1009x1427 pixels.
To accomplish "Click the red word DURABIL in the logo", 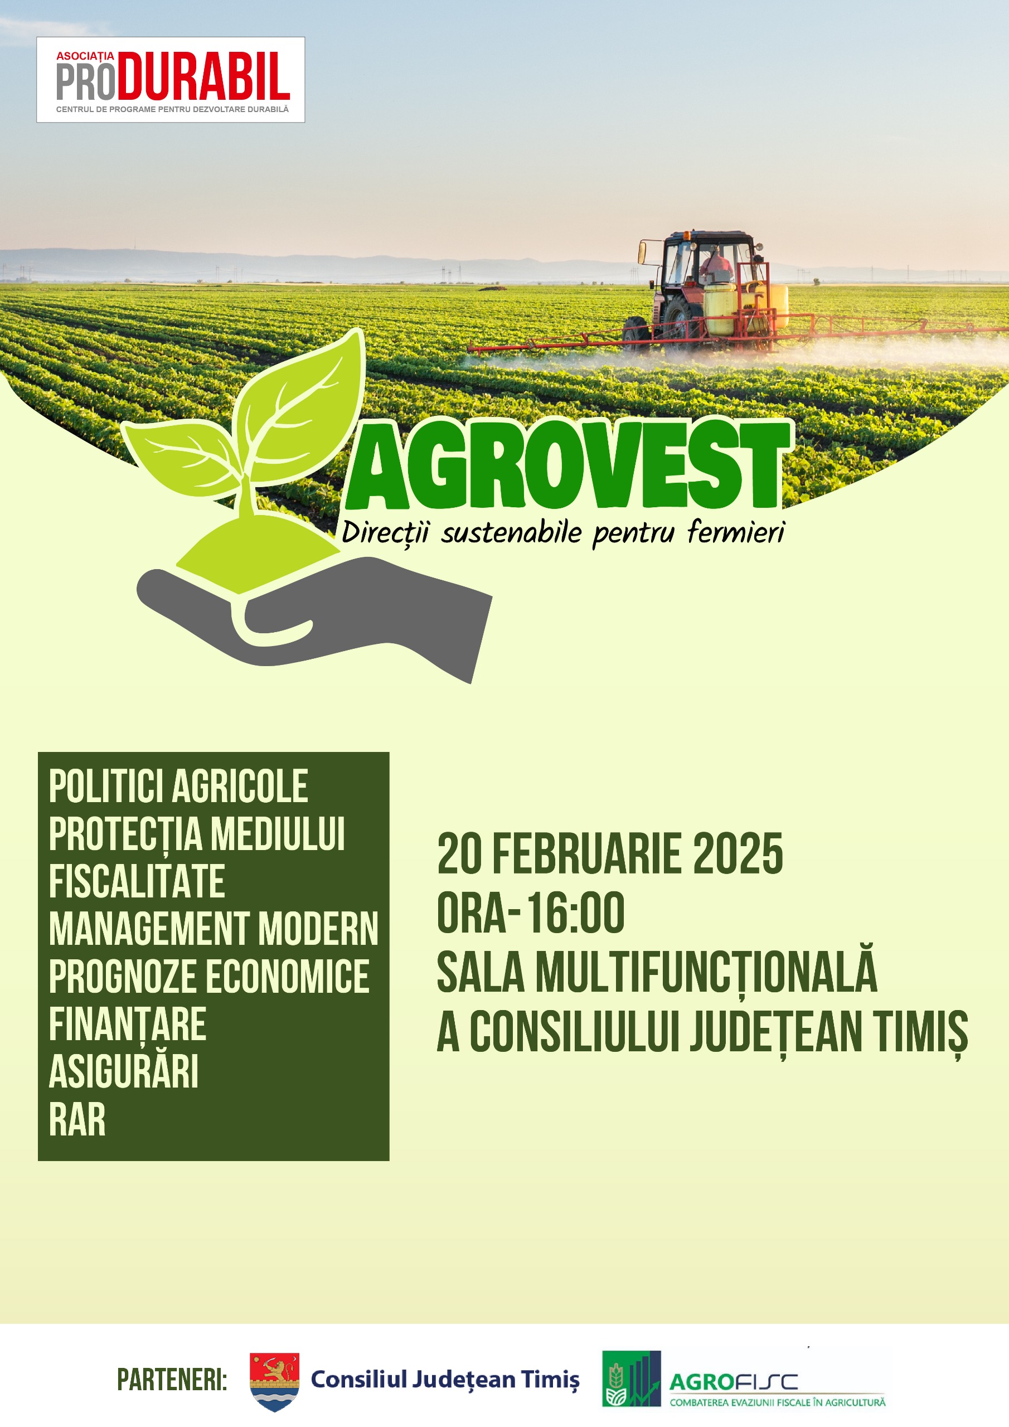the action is pos(203,76).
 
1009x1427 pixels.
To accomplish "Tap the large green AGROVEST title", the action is pos(567,465).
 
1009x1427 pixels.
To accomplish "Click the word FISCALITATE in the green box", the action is pos(137,881).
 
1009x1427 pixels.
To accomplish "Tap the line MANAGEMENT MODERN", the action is pos(214,929).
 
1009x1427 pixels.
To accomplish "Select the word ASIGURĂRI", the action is pos(124,1071).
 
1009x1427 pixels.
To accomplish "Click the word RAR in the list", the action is pos(77,1119).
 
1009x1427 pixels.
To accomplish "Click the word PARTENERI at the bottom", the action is pos(172,1380).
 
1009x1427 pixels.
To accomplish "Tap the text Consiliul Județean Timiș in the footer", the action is pos(445,1379).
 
